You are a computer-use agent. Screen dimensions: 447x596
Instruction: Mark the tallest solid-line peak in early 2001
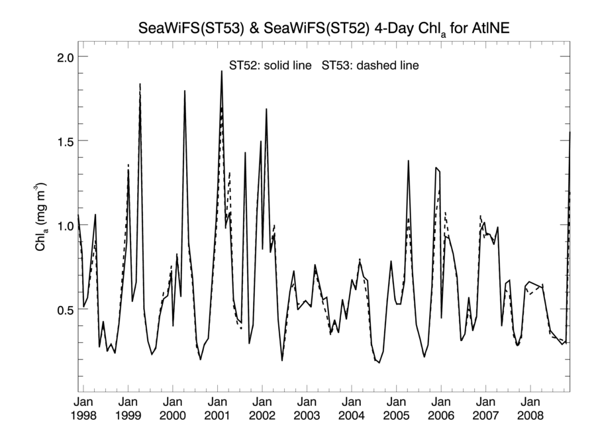pyautogui.click(x=221, y=71)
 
